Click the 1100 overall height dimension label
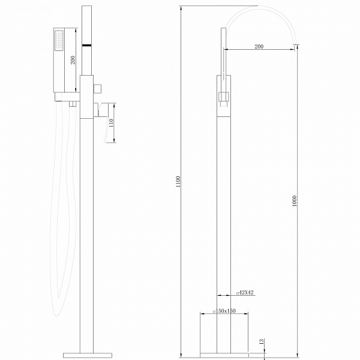(178, 182)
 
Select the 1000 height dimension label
(295, 200)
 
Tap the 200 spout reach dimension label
(259, 46)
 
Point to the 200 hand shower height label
(73, 60)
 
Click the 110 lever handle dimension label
(111, 123)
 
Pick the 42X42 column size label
(245, 293)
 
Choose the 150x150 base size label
(224, 311)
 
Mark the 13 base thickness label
(262, 341)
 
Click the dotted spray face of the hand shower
(59, 41)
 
